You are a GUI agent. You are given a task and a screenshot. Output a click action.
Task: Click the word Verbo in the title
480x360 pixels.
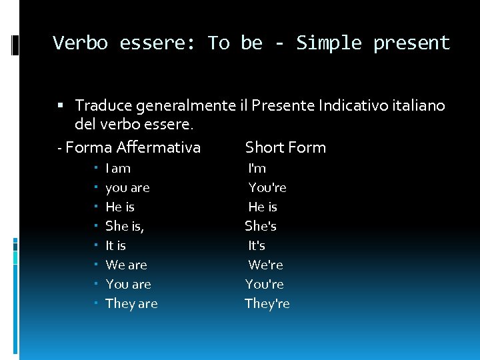(80, 43)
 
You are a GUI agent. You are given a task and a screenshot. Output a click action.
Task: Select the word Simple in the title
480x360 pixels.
(329, 43)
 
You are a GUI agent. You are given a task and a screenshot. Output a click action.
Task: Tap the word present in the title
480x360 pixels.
(411, 43)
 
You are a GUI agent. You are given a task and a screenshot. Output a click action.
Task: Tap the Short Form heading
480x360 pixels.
(285, 147)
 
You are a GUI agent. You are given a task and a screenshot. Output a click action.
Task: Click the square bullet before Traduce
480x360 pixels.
(61, 105)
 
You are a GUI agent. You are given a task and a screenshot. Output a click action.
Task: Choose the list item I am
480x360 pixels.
(118, 169)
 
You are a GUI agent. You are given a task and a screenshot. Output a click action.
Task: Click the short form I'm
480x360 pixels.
(257, 169)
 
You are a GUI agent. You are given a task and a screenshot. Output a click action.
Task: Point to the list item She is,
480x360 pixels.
(125, 227)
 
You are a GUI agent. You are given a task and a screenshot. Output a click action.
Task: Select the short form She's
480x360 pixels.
(261, 227)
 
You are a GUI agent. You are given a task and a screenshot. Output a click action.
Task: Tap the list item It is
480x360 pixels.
(115, 246)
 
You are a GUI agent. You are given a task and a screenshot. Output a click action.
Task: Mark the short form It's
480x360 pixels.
(257, 246)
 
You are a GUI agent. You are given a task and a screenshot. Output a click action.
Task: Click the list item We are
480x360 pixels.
(126, 265)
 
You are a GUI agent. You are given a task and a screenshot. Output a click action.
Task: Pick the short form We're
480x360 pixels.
(265, 265)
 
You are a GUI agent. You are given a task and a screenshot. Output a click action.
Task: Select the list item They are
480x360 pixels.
(131, 304)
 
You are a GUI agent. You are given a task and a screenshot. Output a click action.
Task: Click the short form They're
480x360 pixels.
(267, 304)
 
